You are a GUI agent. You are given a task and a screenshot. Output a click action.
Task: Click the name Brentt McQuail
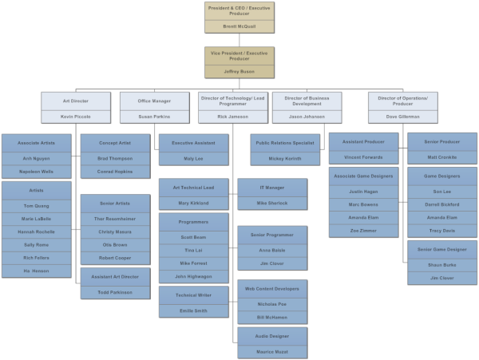click(x=239, y=26)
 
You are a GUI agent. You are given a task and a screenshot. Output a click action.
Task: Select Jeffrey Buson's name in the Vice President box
click(x=239, y=71)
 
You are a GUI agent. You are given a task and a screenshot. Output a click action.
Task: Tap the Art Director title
click(x=76, y=101)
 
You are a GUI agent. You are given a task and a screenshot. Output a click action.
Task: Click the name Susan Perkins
click(x=155, y=117)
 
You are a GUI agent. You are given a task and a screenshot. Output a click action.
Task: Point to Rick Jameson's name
click(x=233, y=117)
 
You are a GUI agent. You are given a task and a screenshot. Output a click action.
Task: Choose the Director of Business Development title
click(x=307, y=101)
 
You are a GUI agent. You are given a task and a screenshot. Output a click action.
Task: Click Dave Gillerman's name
click(x=403, y=117)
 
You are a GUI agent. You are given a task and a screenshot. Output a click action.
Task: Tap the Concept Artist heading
click(x=115, y=143)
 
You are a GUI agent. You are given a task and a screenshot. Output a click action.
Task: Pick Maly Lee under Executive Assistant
click(x=194, y=159)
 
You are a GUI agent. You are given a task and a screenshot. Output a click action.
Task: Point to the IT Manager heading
click(x=272, y=187)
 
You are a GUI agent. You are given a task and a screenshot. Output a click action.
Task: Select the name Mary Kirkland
click(x=194, y=203)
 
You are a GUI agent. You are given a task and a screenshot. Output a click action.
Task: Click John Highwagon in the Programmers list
click(x=194, y=277)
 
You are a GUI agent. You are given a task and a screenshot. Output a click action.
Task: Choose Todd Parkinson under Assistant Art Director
click(x=115, y=291)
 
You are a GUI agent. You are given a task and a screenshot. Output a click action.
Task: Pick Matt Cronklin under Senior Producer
click(x=442, y=157)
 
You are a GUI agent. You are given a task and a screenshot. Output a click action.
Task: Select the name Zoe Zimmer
click(x=364, y=229)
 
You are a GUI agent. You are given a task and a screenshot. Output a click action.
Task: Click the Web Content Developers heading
click(x=272, y=288)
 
